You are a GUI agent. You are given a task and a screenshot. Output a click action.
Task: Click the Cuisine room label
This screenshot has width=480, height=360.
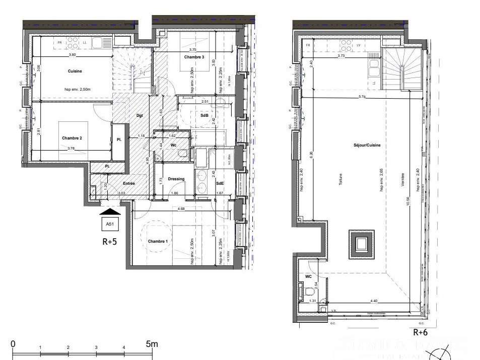75,71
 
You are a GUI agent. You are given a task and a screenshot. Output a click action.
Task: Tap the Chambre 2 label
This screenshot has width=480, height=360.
72,138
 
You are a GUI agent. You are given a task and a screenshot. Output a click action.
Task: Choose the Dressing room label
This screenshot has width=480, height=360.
176,179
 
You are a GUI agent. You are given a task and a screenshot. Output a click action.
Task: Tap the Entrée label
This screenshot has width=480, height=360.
128,184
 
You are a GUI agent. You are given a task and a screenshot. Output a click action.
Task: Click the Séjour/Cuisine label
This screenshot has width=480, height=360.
367,145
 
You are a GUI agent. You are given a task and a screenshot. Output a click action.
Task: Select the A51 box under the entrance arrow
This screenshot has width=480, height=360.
109,224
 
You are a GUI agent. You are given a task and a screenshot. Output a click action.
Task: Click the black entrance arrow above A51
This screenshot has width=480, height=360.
109,212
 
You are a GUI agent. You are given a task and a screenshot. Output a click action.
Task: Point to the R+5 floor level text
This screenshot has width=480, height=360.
110,241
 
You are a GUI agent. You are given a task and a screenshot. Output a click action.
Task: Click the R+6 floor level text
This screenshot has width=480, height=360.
421,332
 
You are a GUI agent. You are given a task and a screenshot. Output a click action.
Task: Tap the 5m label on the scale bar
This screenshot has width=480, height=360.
152,344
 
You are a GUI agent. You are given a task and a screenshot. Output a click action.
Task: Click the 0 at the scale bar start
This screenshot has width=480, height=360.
13,344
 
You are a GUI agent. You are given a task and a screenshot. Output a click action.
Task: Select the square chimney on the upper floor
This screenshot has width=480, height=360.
361,244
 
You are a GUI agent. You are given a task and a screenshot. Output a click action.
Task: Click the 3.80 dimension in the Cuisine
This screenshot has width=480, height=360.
72,54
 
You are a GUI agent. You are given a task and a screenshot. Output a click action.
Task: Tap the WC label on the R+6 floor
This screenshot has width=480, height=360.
309,276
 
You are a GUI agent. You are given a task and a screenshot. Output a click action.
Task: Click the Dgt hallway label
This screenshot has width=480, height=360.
140,115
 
